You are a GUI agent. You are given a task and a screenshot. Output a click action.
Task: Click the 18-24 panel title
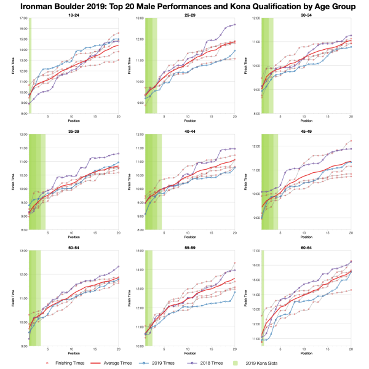(74, 15)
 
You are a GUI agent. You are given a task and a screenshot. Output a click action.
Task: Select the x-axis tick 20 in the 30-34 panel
(351, 117)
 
